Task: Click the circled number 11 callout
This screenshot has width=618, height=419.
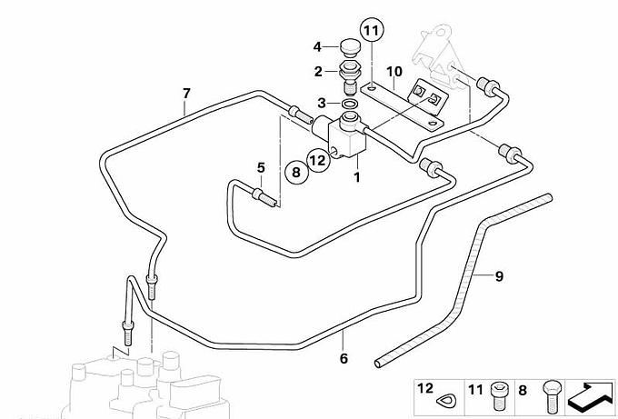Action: pyautogui.click(x=370, y=30)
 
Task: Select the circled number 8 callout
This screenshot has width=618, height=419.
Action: pyautogui.click(x=295, y=170)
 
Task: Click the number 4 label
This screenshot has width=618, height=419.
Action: pyautogui.click(x=318, y=47)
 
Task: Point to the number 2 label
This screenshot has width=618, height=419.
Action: pyautogui.click(x=318, y=71)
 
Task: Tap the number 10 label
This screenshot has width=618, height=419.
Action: pyautogui.click(x=394, y=71)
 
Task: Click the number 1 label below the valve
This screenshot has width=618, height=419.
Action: pyautogui.click(x=357, y=177)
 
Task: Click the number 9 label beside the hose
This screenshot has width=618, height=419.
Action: pyautogui.click(x=499, y=275)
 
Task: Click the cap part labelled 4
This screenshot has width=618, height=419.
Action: pyautogui.click(x=349, y=45)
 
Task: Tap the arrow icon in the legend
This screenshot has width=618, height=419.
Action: pyautogui.click(x=590, y=398)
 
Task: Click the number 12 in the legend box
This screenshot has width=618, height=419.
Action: pyautogui.click(x=424, y=388)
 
